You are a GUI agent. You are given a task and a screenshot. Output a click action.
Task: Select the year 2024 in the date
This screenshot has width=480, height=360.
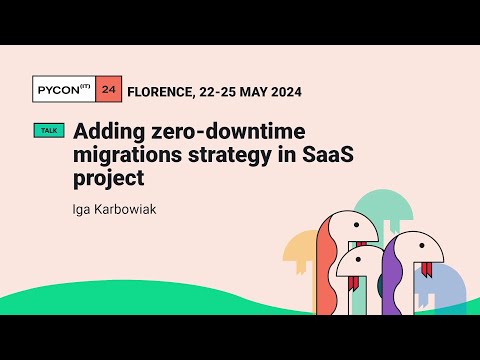click(x=282, y=91)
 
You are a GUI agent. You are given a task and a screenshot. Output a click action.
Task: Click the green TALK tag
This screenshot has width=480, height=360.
click(x=48, y=131)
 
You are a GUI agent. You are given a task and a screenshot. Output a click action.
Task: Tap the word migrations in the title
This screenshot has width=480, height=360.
click(x=124, y=155)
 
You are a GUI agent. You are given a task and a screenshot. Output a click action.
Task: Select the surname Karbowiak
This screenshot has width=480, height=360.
click(x=127, y=211)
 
